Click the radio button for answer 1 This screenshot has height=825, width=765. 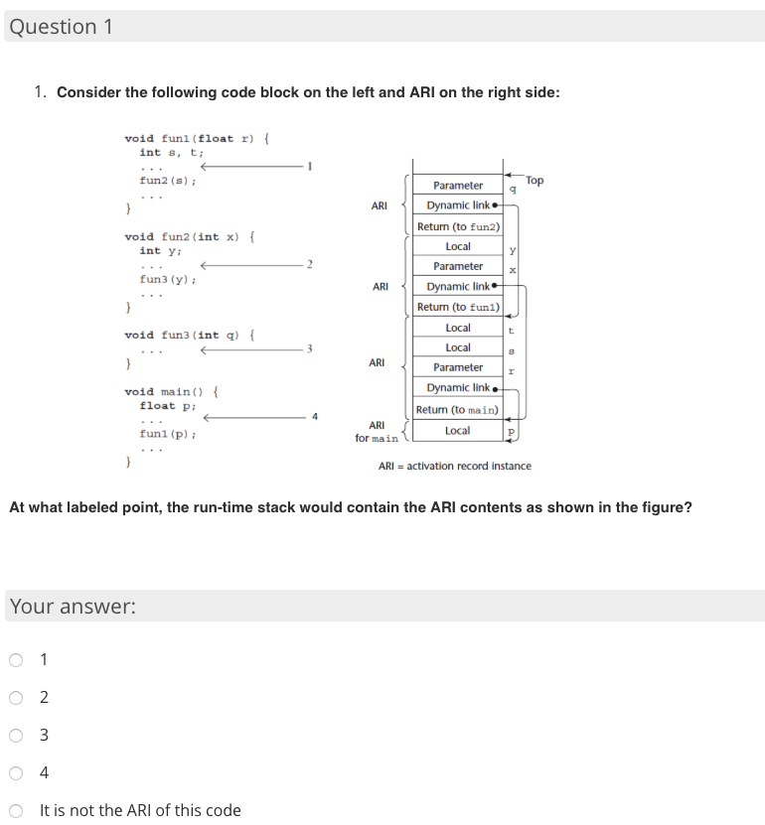(x=16, y=659)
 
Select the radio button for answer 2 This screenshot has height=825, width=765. (x=16, y=697)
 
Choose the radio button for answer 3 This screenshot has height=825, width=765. (x=16, y=735)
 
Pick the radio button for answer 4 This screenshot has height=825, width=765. (x=16, y=772)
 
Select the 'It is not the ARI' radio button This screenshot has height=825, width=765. (x=16, y=810)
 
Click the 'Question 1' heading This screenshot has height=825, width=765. (x=61, y=27)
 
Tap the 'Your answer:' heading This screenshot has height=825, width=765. (x=73, y=607)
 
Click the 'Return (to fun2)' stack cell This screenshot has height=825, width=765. (x=458, y=226)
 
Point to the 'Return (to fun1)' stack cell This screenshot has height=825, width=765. (x=458, y=307)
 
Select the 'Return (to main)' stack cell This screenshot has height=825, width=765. (x=458, y=409)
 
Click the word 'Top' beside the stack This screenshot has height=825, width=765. (x=535, y=181)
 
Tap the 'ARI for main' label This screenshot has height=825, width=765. (x=377, y=432)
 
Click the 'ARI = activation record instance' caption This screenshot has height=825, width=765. (x=455, y=466)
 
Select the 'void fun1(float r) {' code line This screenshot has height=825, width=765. (x=198, y=138)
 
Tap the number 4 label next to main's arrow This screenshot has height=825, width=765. (x=315, y=417)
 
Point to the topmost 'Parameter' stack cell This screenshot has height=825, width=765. (x=458, y=186)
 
